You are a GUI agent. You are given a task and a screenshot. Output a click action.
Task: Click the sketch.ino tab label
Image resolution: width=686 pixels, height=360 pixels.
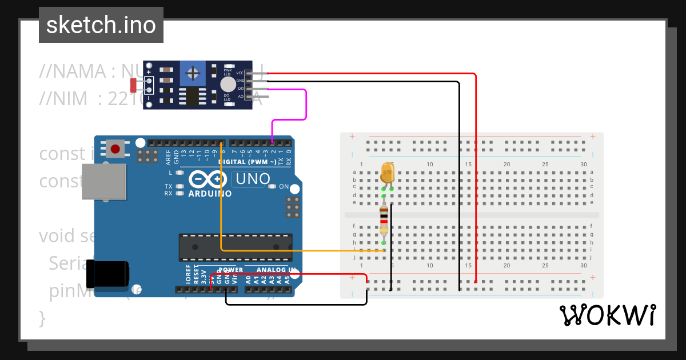[x=101, y=25]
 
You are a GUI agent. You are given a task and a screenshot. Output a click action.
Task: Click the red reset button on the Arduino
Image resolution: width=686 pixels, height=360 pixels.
[x=115, y=149]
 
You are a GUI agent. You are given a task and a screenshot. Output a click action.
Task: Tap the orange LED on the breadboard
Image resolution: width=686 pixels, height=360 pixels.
[x=387, y=173]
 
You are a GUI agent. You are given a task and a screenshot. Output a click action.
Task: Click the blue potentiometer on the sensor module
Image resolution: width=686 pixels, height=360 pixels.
[x=193, y=73]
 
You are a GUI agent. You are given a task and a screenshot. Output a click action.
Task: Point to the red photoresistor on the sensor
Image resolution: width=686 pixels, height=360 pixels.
[x=133, y=85]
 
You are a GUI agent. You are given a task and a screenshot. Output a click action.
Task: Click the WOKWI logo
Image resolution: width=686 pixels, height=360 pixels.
[x=607, y=315]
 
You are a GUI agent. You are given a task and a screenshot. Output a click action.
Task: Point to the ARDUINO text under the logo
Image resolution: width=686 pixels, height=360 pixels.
[x=210, y=193]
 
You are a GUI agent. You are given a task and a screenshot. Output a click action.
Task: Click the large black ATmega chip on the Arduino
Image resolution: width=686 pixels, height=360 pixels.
[x=235, y=246]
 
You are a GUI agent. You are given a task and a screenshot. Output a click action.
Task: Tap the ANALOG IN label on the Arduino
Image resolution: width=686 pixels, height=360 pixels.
[x=277, y=270]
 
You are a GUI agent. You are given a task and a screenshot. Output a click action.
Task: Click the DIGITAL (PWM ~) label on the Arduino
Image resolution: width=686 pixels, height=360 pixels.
[x=248, y=162]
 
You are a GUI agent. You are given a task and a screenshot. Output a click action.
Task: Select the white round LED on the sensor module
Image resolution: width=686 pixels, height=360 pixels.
[x=227, y=85]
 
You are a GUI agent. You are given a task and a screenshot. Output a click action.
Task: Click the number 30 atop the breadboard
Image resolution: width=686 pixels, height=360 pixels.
[x=583, y=165]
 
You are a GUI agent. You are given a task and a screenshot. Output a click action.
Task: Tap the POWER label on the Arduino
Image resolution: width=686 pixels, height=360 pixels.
[x=230, y=270]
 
